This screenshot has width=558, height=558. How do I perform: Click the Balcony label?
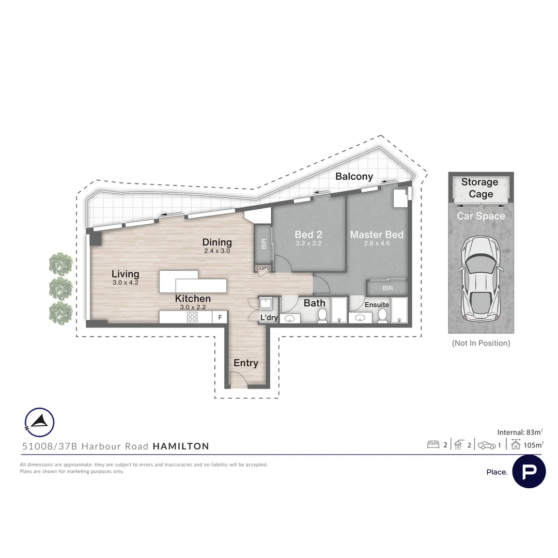point(354,177)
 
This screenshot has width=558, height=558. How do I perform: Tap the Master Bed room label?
point(377,235)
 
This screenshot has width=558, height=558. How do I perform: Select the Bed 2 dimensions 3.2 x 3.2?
point(308,244)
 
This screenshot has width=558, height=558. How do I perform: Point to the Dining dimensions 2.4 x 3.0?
point(217,251)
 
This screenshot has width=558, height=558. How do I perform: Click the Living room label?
point(125,274)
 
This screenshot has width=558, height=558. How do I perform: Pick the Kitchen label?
point(193,299)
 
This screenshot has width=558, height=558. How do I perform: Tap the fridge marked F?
point(220,317)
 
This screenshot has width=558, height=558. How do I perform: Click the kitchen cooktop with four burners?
point(192,317)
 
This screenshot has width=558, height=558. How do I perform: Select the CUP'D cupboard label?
point(263,268)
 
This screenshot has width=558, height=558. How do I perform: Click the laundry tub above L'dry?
point(265,304)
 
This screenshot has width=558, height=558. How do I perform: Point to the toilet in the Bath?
point(322,315)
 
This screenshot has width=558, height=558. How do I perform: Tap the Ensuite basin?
point(360,317)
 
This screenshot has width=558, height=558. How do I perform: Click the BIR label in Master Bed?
point(388,288)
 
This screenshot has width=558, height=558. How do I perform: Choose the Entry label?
point(246,363)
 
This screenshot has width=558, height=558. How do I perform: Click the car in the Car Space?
point(481,278)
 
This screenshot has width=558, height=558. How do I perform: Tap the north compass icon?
point(39,422)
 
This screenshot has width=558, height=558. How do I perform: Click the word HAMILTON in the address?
point(181,446)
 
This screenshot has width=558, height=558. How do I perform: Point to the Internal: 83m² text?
point(520,432)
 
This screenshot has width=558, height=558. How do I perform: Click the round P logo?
point(529,472)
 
